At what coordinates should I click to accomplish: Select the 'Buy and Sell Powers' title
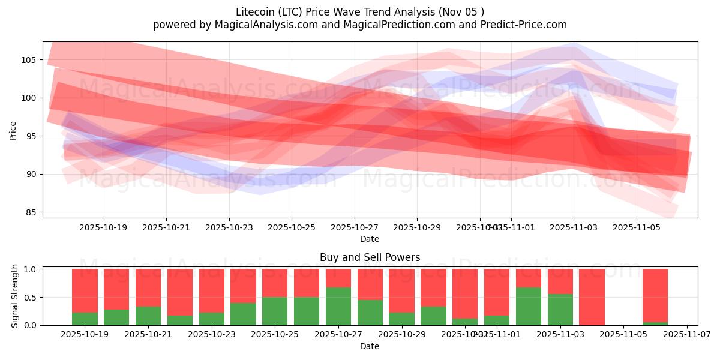click(370, 257)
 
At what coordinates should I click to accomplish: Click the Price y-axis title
click(13, 130)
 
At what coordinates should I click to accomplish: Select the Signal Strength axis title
click(15, 296)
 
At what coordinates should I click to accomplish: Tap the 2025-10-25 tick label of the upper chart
click(292, 228)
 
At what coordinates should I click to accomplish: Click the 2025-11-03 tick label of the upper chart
click(574, 228)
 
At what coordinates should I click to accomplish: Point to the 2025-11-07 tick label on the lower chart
click(686, 335)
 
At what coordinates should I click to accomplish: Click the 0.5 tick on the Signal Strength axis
click(29, 298)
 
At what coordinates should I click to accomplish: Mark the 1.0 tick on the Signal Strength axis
click(29, 269)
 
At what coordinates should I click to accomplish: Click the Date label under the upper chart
click(370, 239)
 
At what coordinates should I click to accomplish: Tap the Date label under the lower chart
click(370, 346)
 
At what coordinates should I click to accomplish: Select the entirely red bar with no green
click(592, 297)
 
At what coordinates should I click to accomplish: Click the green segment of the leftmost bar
click(85, 319)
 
